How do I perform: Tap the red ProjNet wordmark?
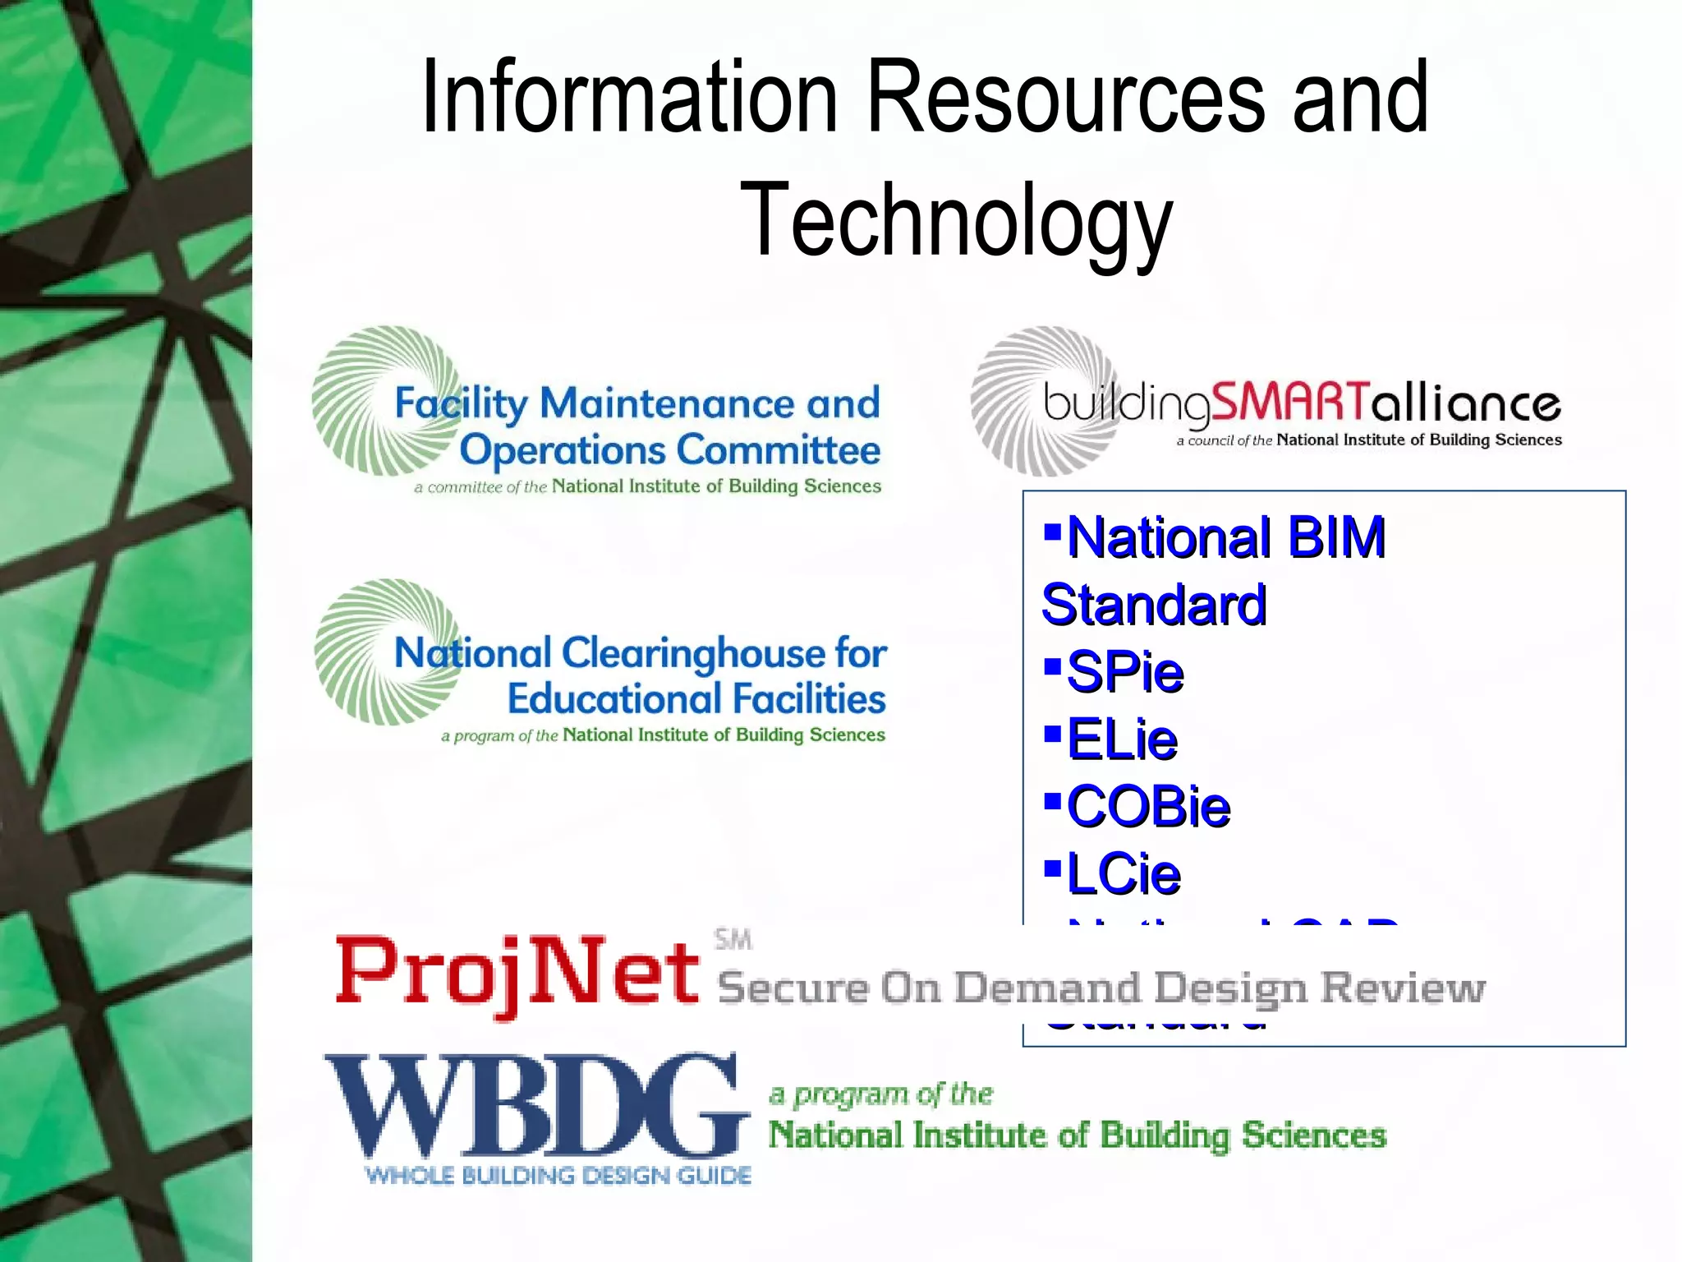coord(517,974)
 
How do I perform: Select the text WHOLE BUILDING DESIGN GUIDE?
coord(558,1176)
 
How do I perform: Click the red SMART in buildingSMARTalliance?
coord(1290,403)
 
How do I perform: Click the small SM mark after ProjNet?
coord(733,939)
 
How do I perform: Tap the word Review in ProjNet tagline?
coord(1402,988)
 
